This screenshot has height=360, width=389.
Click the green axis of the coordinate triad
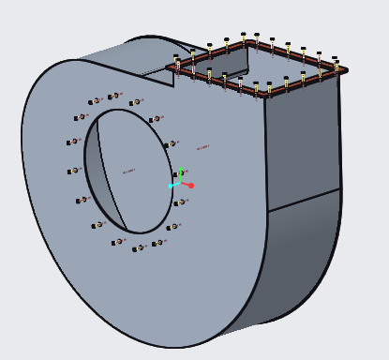[180, 175]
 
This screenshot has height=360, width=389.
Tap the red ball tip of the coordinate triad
[190, 186]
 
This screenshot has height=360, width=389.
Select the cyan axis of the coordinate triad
[173, 185]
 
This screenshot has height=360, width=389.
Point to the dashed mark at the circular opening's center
[128, 171]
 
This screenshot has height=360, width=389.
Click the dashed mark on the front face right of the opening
[202, 147]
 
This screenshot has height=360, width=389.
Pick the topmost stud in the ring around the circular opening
[114, 96]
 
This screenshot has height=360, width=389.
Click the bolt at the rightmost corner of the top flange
[337, 67]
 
